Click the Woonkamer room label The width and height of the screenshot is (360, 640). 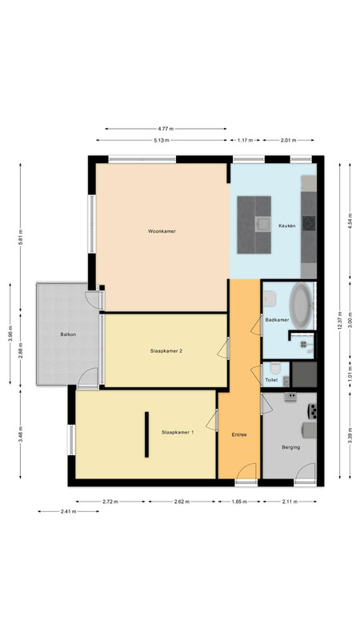tap(162, 231)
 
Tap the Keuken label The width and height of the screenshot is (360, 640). tap(287, 226)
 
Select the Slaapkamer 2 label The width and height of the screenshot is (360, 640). tap(166, 350)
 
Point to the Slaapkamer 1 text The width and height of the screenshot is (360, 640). tap(178, 432)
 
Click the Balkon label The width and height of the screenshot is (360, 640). tap(68, 334)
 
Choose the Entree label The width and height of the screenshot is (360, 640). tap(239, 434)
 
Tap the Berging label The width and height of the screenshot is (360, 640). tap(291, 447)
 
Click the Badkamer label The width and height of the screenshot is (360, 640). tap(277, 320)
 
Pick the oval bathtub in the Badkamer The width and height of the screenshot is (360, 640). tap(301, 306)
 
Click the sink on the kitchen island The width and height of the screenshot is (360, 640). tap(263, 224)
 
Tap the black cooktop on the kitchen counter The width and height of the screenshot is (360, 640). tap(309, 223)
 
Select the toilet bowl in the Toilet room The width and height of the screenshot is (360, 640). tap(275, 368)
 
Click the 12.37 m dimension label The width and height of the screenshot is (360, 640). tap(339, 322)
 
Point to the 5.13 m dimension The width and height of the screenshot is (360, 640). tap(162, 141)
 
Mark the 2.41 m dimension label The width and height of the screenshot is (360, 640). tap(68, 511)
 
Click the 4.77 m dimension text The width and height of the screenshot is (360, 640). tap(166, 129)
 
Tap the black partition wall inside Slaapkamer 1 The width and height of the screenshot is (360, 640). tap(146, 434)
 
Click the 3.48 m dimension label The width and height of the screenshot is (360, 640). tap(21, 434)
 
